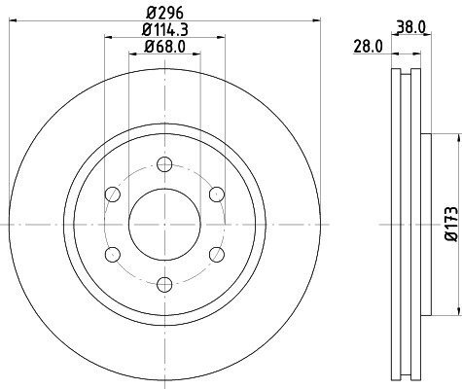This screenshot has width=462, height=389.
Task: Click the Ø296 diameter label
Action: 164,13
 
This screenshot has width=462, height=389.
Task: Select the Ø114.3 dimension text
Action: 165,30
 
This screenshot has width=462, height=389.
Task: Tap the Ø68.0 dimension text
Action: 164,47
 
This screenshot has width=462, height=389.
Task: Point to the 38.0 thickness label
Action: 411,27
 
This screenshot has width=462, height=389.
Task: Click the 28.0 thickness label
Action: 368,47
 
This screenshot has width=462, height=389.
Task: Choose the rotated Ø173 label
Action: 452,224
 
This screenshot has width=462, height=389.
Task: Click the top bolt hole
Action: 164,164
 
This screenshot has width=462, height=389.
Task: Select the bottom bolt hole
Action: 164,284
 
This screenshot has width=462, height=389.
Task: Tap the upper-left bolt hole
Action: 113,194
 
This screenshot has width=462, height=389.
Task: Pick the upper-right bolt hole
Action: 217,194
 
